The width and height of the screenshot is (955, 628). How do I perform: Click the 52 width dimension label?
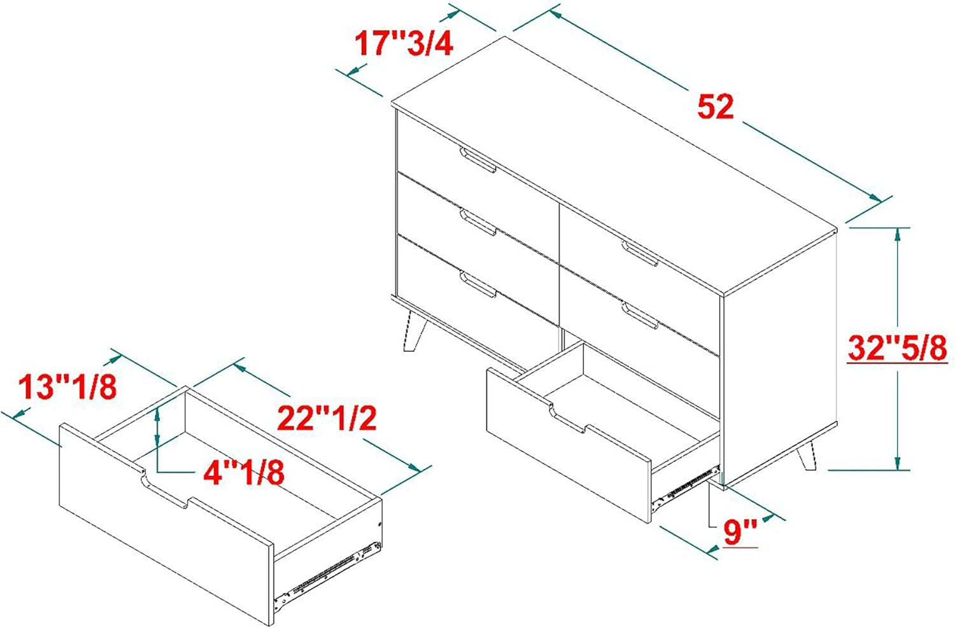[x=716, y=106]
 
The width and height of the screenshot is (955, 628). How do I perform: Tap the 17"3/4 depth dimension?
[x=404, y=43]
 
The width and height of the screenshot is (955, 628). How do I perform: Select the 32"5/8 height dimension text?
[x=897, y=347]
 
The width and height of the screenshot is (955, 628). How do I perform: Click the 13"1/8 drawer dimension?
[x=67, y=387]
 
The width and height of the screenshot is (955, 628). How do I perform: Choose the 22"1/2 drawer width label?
[x=327, y=418]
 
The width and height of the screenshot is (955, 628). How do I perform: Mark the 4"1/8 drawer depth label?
[x=243, y=473]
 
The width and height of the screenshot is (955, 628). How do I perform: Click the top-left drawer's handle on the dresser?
[x=478, y=160]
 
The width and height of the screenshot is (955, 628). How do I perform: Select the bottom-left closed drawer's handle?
[x=478, y=284]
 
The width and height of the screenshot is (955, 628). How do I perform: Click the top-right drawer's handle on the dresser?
[x=639, y=253]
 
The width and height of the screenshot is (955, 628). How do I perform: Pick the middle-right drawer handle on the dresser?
[x=639, y=316]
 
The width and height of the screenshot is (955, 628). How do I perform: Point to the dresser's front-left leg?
[x=414, y=331]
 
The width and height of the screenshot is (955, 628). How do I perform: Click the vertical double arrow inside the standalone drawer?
[x=158, y=426]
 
